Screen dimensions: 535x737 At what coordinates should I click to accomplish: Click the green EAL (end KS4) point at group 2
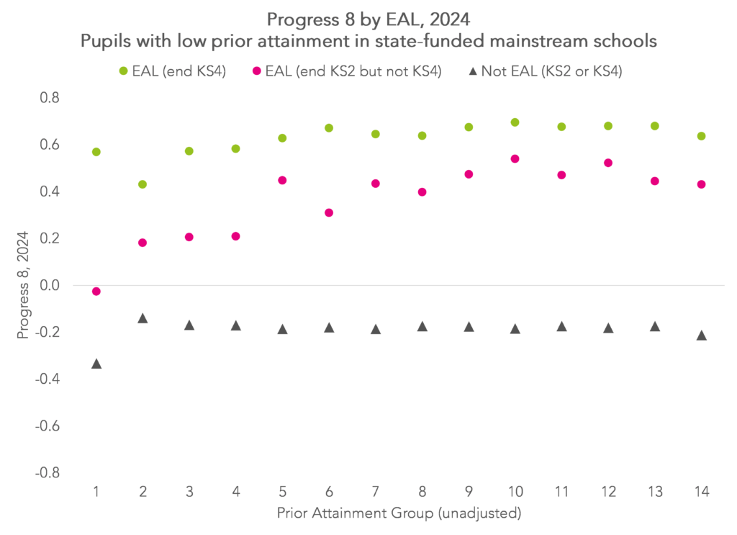[x=143, y=184]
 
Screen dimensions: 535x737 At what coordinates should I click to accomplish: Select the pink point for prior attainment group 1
[x=96, y=291]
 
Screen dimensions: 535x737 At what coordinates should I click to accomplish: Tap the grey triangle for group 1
[x=96, y=364]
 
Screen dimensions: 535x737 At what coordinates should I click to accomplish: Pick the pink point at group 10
[x=515, y=159]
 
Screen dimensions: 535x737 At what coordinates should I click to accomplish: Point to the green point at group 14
[x=702, y=136]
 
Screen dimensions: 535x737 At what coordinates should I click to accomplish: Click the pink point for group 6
[x=329, y=212]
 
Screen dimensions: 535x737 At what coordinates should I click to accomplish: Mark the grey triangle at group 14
[x=702, y=336]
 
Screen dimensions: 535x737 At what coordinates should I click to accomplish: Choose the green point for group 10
[x=515, y=122]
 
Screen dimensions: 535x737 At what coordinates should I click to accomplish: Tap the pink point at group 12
[x=608, y=163]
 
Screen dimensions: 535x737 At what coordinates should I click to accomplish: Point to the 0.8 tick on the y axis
[x=55, y=98]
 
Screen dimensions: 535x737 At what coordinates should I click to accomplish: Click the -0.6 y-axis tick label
[x=52, y=426]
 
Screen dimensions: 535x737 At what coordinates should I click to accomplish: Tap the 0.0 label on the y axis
[x=55, y=285]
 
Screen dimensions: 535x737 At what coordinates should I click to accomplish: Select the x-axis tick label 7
[x=376, y=492]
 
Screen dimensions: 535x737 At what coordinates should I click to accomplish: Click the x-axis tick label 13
[x=655, y=492]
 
